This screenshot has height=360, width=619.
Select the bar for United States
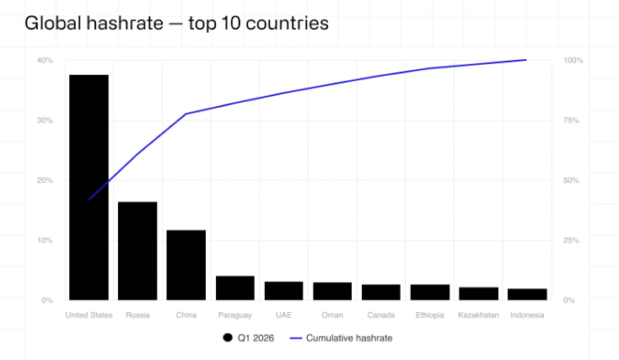89,187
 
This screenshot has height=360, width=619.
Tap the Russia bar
137,250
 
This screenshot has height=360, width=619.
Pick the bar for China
186,265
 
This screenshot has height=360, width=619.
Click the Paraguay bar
235,287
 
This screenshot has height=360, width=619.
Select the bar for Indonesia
527,294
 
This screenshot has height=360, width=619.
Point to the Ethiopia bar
430,292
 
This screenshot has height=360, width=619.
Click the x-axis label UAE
283,315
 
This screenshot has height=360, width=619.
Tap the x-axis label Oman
332,315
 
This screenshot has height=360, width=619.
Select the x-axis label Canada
381,315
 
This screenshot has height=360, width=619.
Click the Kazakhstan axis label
478,315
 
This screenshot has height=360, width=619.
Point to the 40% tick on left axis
45,61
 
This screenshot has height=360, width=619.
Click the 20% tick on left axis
45,180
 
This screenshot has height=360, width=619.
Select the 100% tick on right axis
573,61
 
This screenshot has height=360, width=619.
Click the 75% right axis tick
572,121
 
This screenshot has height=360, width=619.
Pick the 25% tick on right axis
572,240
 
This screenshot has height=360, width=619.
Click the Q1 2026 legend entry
250,338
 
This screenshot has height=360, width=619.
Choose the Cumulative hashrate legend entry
342,338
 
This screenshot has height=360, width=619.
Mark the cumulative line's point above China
186,113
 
